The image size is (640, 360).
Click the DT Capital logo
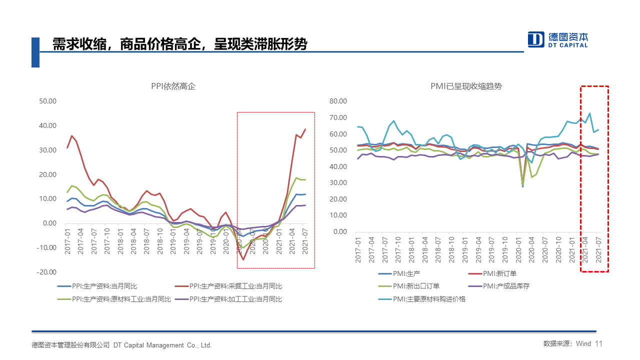[558, 39]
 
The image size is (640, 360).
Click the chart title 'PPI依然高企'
[173, 86]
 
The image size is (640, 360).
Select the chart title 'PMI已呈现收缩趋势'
[466, 86]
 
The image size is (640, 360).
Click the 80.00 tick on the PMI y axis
[338, 101]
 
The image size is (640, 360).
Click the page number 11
[599, 344]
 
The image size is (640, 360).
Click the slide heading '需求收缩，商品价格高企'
[180, 44]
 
